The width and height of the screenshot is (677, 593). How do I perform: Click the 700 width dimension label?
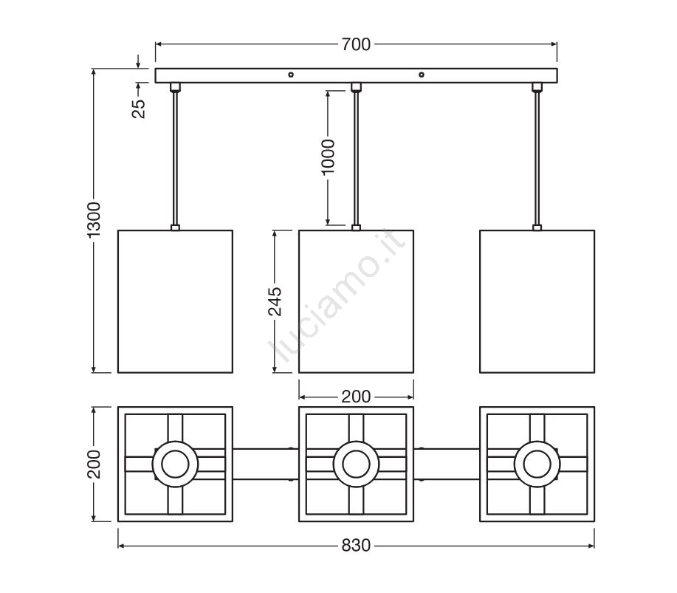click(356, 44)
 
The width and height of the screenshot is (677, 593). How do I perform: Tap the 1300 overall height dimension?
click(94, 219)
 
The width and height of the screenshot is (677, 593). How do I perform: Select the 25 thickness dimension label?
click(139, 109)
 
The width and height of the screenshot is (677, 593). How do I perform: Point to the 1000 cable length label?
click(328, 157)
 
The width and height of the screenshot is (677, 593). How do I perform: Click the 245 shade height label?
click(275, 301)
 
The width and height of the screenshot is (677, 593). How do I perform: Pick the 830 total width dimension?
click(356, 546)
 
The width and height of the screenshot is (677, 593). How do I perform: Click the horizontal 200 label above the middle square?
click(356, 397)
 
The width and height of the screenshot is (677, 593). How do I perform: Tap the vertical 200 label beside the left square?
click(94, 465)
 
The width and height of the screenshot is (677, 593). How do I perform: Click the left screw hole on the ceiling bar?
click(291, 75)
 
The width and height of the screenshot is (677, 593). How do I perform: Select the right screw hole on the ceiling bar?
click(422, 75)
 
